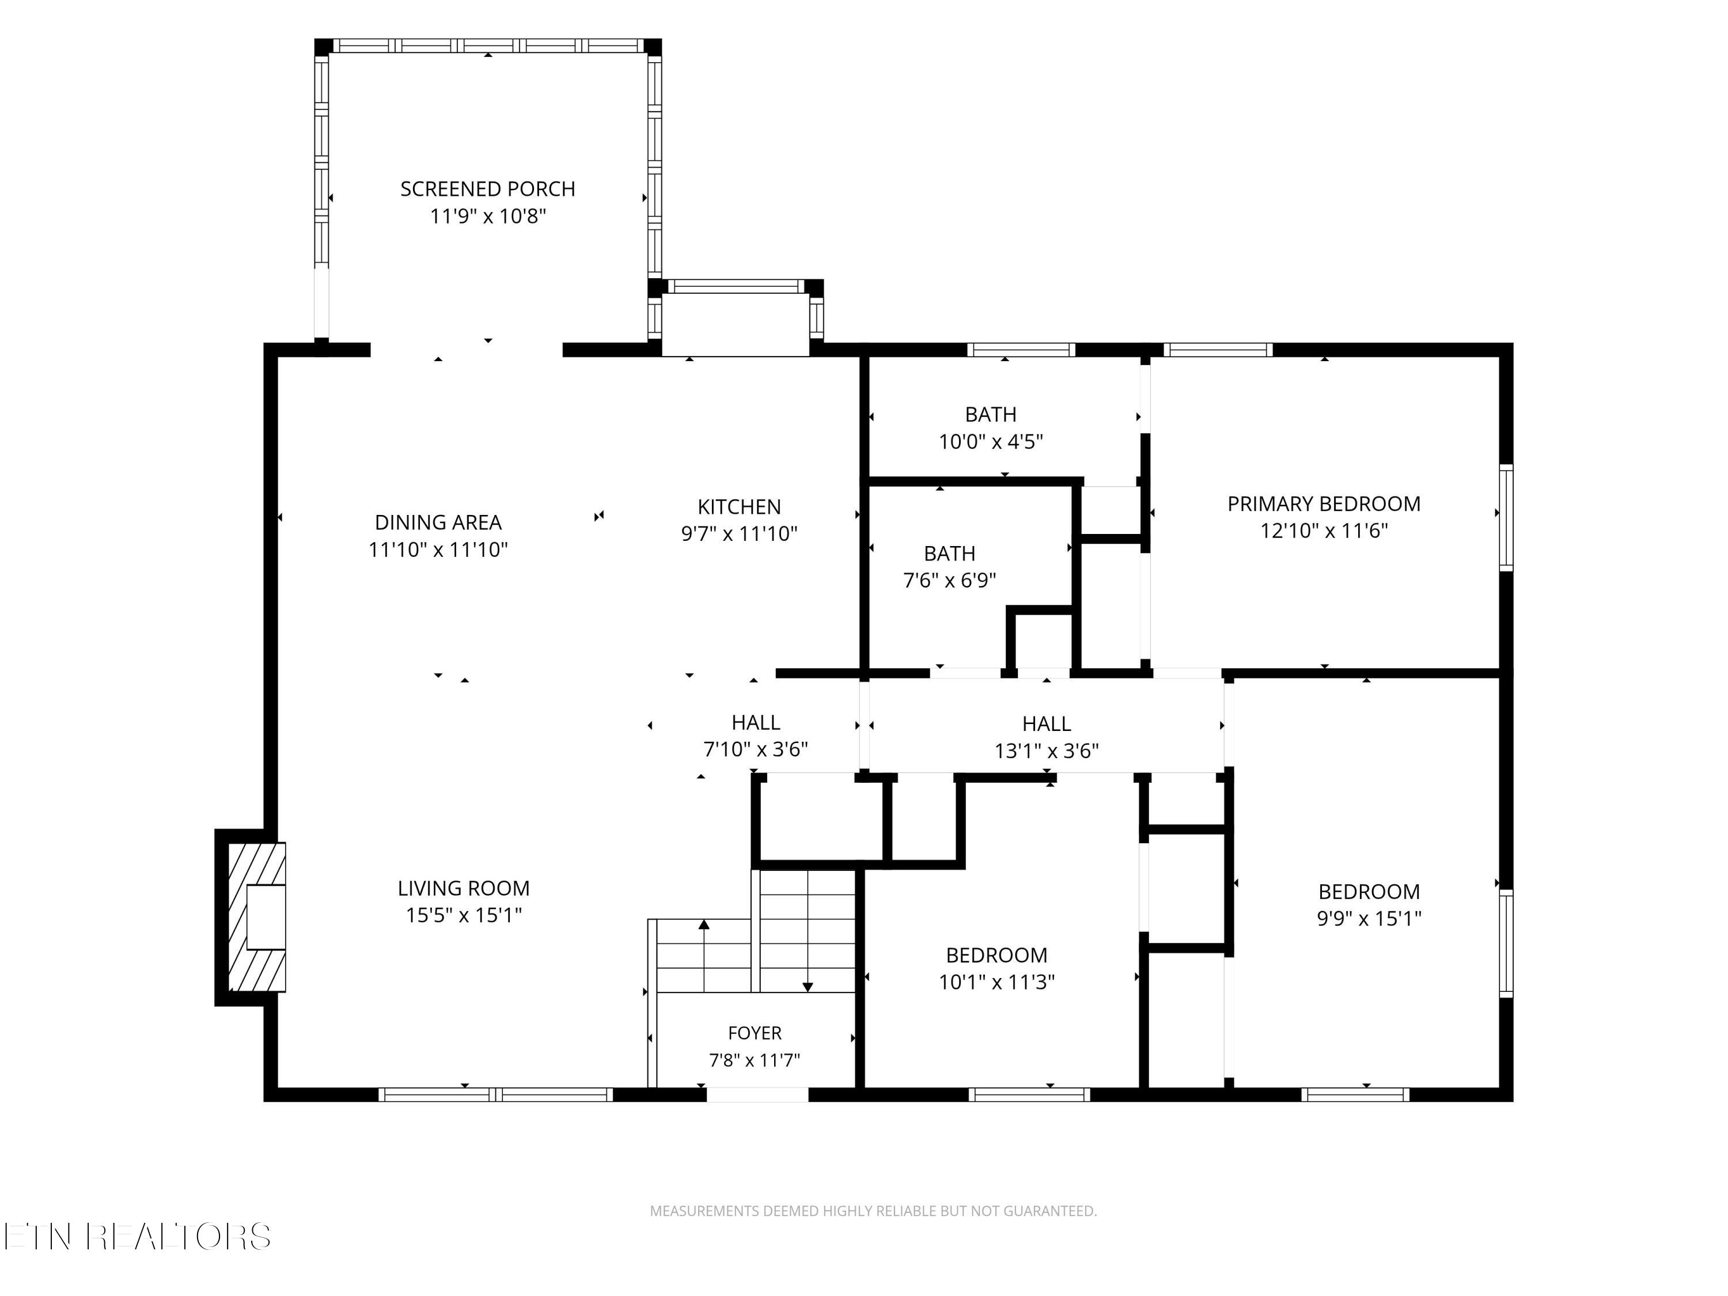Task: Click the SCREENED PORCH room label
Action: point(487,189)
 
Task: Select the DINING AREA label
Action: point(438,522)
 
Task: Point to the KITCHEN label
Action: point(739,507)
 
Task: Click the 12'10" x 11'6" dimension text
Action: point(1323,531)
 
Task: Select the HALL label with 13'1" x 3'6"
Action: point(1046,724)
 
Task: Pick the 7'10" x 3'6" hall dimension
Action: point(755,750)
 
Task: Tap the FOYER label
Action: point(755,1033)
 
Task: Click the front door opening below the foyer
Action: point(757,1094)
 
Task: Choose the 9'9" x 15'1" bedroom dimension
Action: point(1369,919)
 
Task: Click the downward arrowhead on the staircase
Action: point(808,987)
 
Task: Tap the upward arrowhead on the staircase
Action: point(704,924)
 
